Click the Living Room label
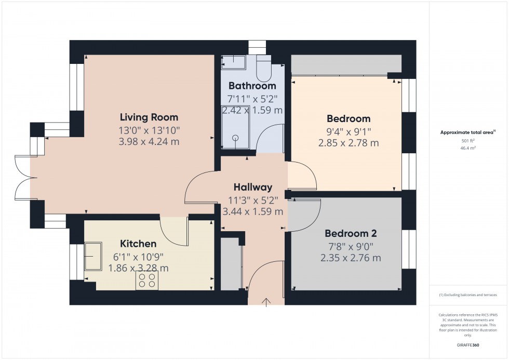click(149, 117)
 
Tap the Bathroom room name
click(252, 86)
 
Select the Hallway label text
click(252, 187)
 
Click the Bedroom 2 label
click(351, 233)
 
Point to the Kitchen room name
click(138, 244)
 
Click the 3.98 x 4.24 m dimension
click(149, 141)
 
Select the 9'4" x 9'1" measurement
click(348, 131)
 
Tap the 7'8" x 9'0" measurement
click(351, 246)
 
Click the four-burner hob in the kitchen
click(146, 281)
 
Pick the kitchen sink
click(93, 256)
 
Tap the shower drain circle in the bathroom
click(235, 138)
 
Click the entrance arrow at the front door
click(267, 301)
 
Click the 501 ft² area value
click(468, 140)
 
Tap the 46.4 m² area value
click(468, 148)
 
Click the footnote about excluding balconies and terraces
click(468, 295)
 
